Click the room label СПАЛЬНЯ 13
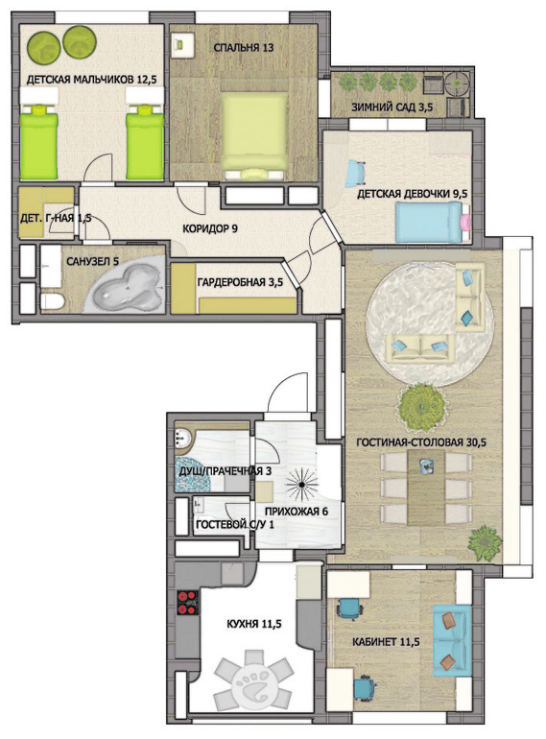tap(244, 48)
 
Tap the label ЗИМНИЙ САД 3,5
tap(392, 107)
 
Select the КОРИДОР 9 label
tap(209, 228)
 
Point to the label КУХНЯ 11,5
tap(254, 624)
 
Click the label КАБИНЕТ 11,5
tap(386, 641)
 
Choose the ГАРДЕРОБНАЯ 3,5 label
tap(240, 282)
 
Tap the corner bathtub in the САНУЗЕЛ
tap(128, 286)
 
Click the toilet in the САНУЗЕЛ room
tap(52, 301)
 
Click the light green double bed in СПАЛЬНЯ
tap(254, 135)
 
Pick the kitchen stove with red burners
tap(187, 603)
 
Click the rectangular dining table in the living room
tap(426, 487)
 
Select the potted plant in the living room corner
tap(485, 542)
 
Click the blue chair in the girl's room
tap(357, 174)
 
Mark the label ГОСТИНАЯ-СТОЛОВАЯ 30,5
tap(421, 442)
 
